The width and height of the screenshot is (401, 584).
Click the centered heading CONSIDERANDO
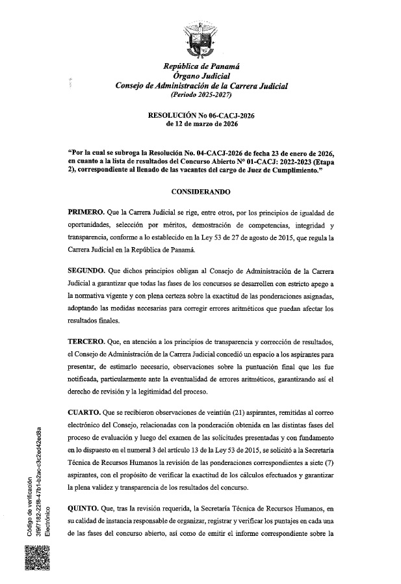[201, 194]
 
